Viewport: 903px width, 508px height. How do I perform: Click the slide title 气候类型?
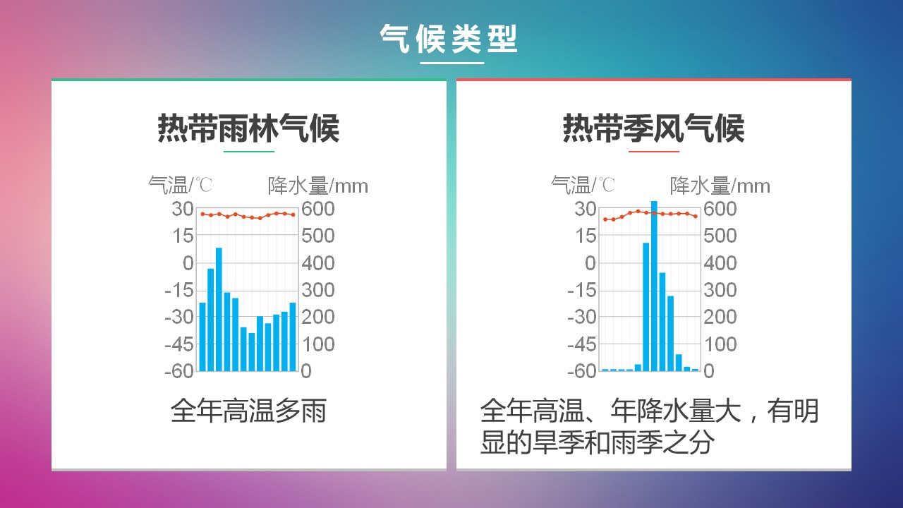click(448, 39)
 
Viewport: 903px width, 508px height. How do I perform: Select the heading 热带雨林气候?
click(248, 128)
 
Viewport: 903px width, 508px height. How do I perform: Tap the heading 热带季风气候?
click(653, 128)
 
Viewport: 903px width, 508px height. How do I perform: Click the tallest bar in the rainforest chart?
click(219, 309)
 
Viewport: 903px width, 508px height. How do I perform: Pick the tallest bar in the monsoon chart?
click(654, 286)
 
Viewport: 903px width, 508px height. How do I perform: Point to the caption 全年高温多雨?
click(248, 411)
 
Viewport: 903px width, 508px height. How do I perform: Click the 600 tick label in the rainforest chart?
click(317, 209)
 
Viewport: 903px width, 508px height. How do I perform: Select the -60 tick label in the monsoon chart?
click(581, 371)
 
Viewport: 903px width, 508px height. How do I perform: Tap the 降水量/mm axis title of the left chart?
click(318, 186)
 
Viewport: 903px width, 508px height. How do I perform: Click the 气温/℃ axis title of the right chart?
click(583, 185)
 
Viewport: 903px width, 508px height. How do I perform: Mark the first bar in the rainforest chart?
click(202, 337)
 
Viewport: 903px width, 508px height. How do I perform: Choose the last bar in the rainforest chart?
click(293, 337)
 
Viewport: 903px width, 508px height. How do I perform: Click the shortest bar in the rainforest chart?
click(252, 352)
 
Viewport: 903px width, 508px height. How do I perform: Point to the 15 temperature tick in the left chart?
click(183, 236)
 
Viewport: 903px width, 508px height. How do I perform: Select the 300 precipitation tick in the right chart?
click(720, 290)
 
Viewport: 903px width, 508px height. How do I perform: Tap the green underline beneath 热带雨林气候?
click(249, 152)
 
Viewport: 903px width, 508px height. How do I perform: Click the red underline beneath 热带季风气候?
click(654, 152)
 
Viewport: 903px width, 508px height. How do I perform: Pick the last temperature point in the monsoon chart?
click(696, 217)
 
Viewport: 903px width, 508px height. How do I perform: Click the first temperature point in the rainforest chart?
click(202, 214)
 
